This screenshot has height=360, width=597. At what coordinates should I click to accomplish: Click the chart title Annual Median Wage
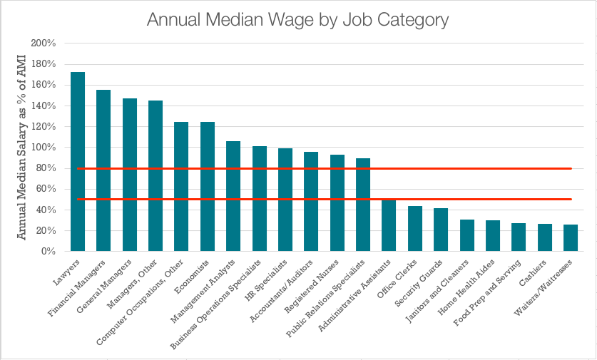tap(297, 19)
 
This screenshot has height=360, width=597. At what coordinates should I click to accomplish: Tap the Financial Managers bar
tap(103, 170)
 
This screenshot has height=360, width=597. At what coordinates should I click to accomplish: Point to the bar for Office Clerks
tap(415, 229)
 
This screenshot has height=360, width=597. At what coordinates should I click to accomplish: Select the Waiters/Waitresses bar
tap(571, 238)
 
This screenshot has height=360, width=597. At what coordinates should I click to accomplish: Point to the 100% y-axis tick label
tap(44, 148)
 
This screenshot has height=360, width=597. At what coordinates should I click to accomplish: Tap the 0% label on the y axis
tap(49, 252)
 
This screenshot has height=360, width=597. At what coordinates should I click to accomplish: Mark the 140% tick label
tap(44, 106)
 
